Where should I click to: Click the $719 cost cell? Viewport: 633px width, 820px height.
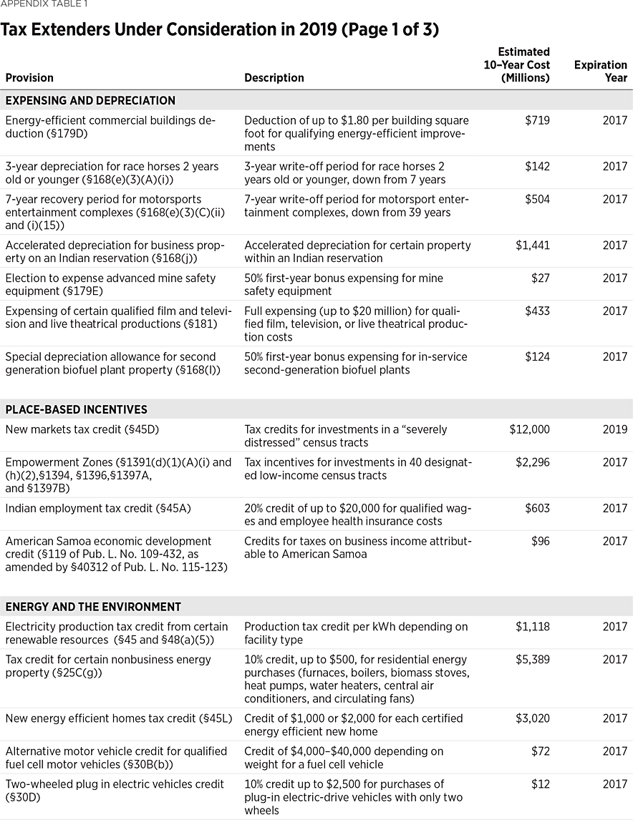pos(537,121)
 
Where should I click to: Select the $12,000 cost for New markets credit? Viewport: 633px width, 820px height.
pos(529,430)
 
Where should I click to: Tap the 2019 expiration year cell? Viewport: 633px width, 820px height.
pos(614,430)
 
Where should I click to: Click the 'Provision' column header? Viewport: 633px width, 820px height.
pos(29,78)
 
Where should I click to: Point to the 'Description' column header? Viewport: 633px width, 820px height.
pos(274,78)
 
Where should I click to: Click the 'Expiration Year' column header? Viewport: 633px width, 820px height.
pos(600,72)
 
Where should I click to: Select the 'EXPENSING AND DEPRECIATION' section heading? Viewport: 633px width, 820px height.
pos(90,101)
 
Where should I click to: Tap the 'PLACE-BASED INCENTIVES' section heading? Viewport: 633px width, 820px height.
pos(76,410)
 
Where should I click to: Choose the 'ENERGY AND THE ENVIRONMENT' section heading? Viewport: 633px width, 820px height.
pos(93,607)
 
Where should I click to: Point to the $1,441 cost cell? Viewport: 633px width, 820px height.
pos(533,245)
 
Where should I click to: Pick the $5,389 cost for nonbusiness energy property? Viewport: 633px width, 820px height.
pos(533,660)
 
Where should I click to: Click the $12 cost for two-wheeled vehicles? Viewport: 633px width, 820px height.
pos(541,784)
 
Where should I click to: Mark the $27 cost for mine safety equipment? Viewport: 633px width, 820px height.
pos(541,278)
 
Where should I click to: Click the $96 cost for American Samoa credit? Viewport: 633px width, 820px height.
pos(541,542)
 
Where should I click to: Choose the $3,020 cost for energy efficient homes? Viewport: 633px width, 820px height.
pos(533,718)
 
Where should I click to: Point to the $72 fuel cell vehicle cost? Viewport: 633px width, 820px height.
pos(541,751)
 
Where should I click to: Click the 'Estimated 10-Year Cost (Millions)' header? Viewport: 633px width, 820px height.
pos(517,65)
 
